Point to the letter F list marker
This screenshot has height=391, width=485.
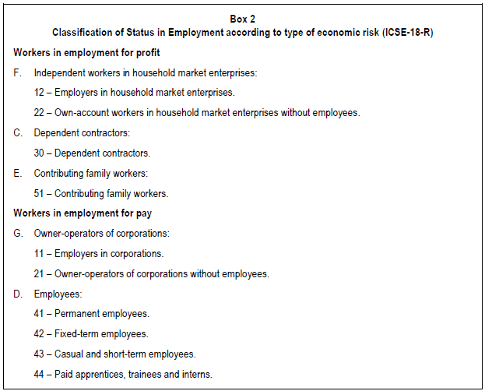[x=17, y=72]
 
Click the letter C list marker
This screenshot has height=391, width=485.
[x=17, y=133]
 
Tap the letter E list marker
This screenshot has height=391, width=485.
[x=17, y=173]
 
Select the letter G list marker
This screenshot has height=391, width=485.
[x=18, y=234]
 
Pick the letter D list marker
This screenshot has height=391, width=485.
[x=18, y=294]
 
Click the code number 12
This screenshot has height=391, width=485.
[x=40, y=93]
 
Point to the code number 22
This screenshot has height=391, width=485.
[x=40, y=113]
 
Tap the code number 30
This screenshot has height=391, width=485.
[x=40, y=153]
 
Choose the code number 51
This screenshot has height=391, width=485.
[x=40, y=193]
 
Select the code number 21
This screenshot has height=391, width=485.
[x=40, y=274]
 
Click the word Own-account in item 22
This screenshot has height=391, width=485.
[x=82, y=113]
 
